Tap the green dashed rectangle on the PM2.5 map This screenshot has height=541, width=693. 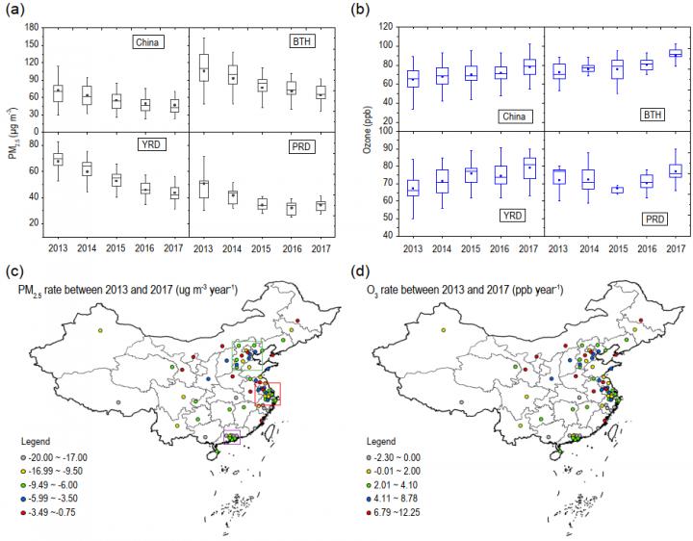coord(248,355)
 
